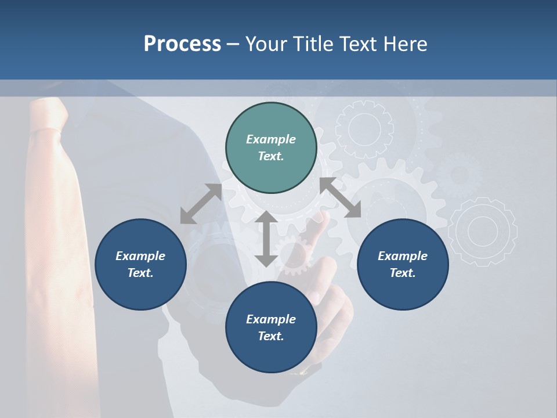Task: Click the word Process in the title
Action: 182,44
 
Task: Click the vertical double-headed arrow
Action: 266,239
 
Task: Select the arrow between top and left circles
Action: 201,204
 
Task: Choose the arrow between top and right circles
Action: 340,197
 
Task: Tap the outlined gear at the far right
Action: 483,232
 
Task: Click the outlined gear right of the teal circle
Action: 364,129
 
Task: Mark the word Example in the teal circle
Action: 271,139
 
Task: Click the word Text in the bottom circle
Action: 271,336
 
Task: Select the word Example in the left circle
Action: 140,256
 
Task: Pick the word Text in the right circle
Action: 403,273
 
